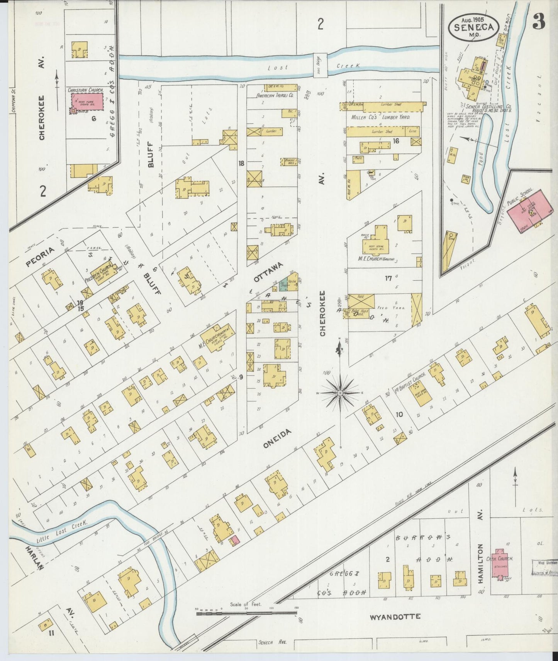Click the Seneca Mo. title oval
pos(473,26)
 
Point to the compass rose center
pos(340,393)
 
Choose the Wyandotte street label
pos(395,617)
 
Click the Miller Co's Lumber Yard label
pos(380,117)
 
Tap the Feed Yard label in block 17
pos(385,308)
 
